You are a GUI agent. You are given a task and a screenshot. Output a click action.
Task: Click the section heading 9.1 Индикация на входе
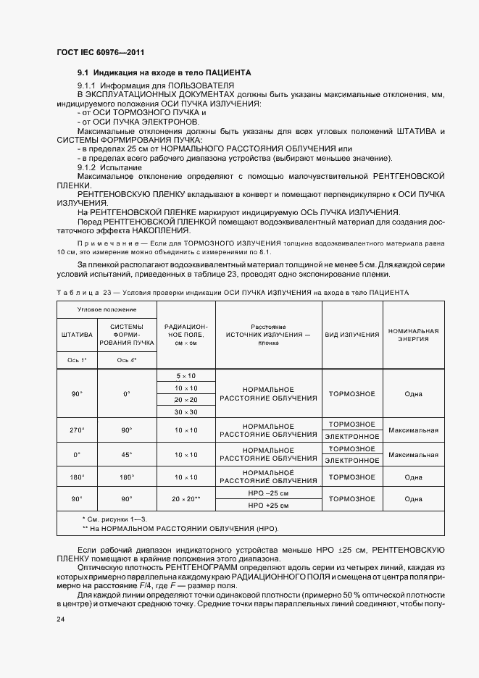tap(164, 73)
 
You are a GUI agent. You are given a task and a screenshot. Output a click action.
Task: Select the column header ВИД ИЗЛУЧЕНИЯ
tap(352, 335)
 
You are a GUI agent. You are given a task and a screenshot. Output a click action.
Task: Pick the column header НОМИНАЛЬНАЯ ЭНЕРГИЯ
tap(414, 335)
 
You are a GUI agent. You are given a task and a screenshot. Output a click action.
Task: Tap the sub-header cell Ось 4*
tap(126, 360)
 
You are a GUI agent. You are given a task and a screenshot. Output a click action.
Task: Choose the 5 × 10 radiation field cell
tap(186, 376)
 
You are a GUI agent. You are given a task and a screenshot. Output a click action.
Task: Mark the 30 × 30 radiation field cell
tap(186, 411)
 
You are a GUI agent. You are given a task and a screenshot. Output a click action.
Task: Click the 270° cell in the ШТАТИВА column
tap(77, 430)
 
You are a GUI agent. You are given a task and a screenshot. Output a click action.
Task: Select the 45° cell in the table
tap(126, 455)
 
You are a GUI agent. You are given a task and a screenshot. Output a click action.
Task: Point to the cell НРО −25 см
tap(268, 493)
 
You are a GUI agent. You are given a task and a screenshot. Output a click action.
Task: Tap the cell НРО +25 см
tap(268, 505)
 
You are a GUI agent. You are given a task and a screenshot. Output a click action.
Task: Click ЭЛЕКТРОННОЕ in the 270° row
tap(352, 437)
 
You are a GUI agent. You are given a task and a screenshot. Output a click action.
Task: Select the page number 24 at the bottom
tap(61, 620)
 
